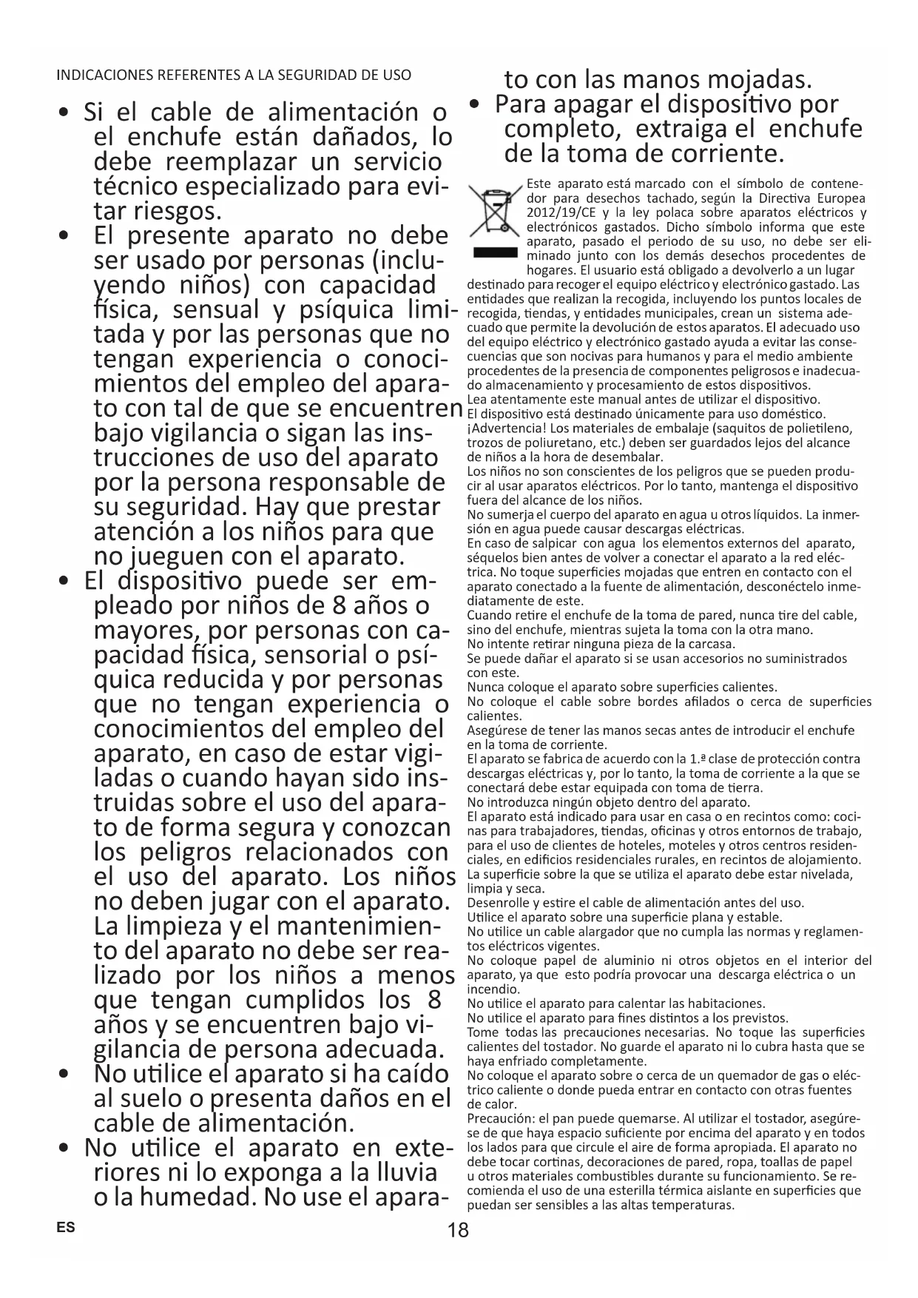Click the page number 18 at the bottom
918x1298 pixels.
[x=458, y=1230]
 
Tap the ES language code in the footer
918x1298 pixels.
[x=65, y=1227]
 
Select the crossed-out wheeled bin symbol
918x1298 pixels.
[x=493, y=211]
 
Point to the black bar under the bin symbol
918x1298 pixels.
[x=494, y=254]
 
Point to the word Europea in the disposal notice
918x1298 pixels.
[x=840, y=198]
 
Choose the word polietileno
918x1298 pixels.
[x=817, y=428]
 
